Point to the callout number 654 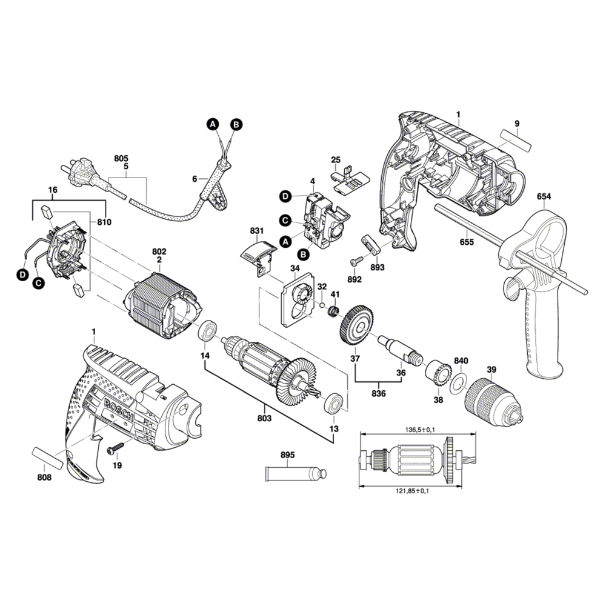[x=544, y=197]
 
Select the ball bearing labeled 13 [x=335, y=404]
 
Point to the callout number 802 [x=159, y=251]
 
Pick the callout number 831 [x=257, y=231]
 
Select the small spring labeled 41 [x=333, y=311]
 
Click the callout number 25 [x=335, y=160]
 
